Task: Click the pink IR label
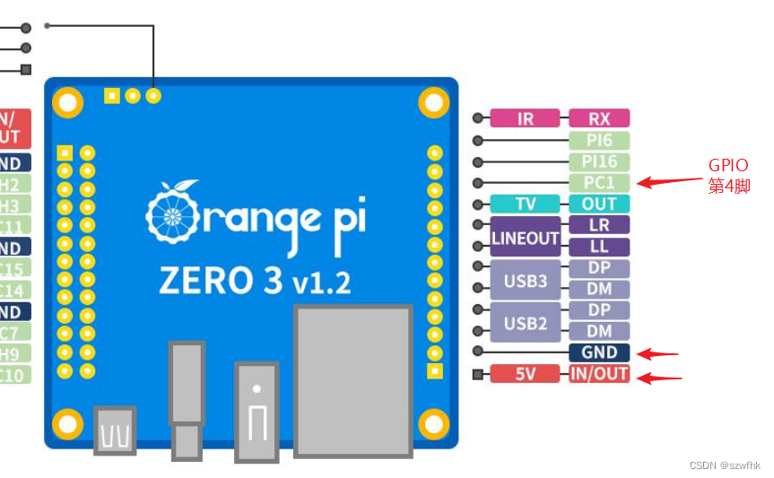click(x=525, y=118)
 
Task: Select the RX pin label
click(x=599, y=118)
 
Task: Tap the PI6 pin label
click(x=599, y=141)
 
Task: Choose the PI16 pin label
click(x=599, y=162)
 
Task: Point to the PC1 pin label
click(x=599, y=183)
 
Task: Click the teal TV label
click(x=525, y=204)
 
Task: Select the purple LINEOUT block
click(x=525, y=237)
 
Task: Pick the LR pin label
click(x=599, y=225)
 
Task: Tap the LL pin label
click(x=599, y=247)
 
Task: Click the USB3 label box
click(x=525, y=280)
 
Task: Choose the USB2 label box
click(x=525, y=323)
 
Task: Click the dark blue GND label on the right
click(x=599, y=352)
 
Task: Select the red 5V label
click(x=525, y=374)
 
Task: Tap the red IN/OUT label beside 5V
click(x=599, y=374)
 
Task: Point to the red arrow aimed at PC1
click(x=669, y=182)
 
